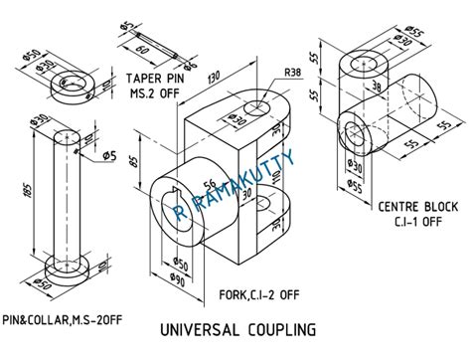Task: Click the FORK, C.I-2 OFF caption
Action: [x=253, y=294]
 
